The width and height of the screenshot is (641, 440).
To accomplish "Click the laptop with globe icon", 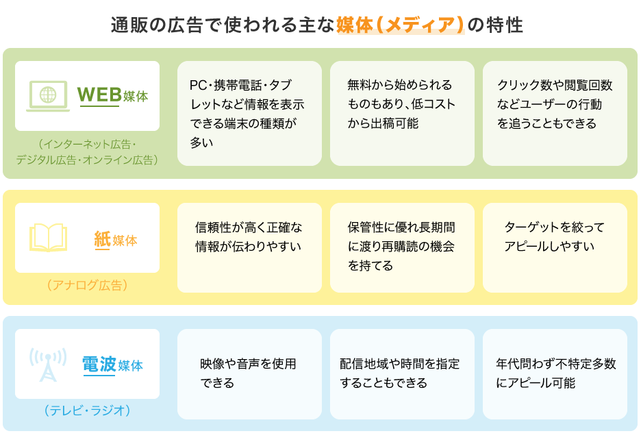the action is (x=48, y=96).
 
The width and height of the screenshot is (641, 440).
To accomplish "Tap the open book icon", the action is (x=48, y=237).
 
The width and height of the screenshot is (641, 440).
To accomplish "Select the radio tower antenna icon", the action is (x=48, y=365).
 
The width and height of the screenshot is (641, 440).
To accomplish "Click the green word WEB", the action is (x=99, y=95).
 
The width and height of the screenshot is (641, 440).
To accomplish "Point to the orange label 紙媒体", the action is (x=116, y=240).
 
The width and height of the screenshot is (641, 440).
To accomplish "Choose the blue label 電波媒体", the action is (x=113, y=365).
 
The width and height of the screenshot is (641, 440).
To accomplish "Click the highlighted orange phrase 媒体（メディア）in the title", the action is (x=401, y=25).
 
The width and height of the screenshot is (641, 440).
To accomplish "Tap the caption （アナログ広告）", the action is (x=88, y=285).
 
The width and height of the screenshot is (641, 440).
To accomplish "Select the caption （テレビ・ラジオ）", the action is (x=88, y=410).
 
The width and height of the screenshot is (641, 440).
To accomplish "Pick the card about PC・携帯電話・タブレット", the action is (x=249, y=113).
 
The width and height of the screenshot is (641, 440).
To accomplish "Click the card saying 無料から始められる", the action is (x=402, y=113).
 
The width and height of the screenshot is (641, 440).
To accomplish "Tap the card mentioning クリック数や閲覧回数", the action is (x=555, y=113).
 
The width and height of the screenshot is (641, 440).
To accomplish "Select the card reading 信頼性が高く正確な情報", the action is (x=249, y=247).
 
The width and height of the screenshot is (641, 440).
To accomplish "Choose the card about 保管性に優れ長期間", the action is (x=402, y=247).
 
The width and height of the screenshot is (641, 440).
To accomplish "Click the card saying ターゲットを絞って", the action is (x=555, y=247).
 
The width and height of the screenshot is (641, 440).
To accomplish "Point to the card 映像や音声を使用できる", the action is (x=249, y=374).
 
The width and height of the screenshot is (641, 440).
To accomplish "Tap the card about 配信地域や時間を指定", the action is (x=402, y=374).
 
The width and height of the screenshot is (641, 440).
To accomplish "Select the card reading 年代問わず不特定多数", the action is (x=555, y=374).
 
